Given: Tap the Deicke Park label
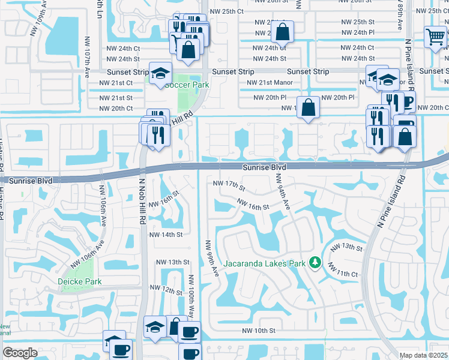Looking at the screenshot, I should coord(79,281).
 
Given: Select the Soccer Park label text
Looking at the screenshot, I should coord(187,85).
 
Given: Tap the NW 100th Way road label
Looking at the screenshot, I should coord(191,296).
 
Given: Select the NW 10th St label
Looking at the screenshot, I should coord(259,331).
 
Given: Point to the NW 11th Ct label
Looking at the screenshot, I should coord(347,274).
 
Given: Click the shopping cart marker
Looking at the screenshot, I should coord(435,37).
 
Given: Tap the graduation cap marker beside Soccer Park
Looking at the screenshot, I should coord(160,73).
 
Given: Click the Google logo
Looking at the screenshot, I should coord(20,353).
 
